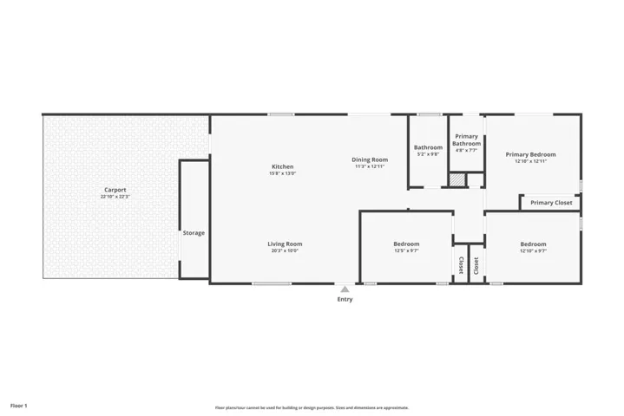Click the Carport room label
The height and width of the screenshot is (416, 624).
click(x=115, y=190)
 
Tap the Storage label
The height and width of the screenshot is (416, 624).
click(x=194, y=233)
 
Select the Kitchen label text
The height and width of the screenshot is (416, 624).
click(x=283, y=166)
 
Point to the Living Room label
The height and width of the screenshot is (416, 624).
click(x=285, y=244)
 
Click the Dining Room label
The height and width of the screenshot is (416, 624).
click(x=370, y=159)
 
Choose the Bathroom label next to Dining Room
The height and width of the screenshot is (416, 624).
click(x=428, y=147)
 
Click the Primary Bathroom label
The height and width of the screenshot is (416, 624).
click(x=466, y=140)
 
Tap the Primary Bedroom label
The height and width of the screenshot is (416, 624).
click(x=530, y=154)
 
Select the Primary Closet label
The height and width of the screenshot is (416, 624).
click(x=551, y=203)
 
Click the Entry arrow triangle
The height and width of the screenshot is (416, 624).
click(x=345, y=289)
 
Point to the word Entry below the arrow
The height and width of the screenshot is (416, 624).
click(x=345, y=300)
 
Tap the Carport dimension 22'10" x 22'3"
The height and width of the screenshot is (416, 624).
click(x=115, y=198)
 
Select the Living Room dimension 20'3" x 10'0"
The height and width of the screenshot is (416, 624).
click(x=285, y=252)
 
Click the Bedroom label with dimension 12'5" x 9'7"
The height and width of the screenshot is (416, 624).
click(x=406, y=244)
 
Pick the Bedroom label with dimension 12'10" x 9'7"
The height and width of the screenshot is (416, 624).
click(x=533, y=244)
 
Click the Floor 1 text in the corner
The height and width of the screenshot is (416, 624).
click(x=19, y=405)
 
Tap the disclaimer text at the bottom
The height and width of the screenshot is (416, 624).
click(x=312, y=407)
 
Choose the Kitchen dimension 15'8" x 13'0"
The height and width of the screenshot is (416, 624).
click(x=283, y=174)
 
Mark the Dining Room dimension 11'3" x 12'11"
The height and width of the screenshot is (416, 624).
click(x=370, y=166)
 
